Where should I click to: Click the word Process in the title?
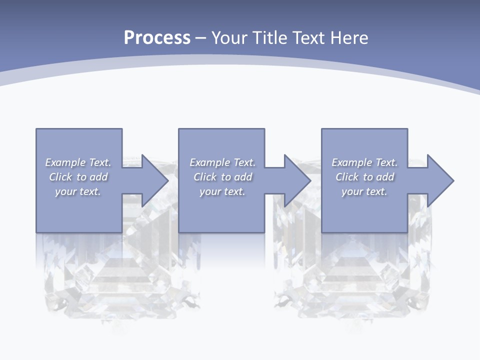tap(157, 38)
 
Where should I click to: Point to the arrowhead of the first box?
tap(154, 180)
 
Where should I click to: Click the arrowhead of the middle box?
tap(297, 180)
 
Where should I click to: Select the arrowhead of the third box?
tap(440, 180)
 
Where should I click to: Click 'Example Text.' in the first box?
tap(78, 162)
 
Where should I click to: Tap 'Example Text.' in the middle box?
tap(222, 162)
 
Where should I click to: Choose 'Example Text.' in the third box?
tap(364, 162)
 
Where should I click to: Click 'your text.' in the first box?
tap(78, 191)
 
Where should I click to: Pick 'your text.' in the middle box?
tap(222, 191)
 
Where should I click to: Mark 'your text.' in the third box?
tap(364, 191)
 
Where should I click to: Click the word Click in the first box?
tap(60, 177)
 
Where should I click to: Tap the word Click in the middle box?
tap(205, 177)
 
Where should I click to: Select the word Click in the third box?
tap(347, 177)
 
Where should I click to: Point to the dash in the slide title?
tap(201, 38)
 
